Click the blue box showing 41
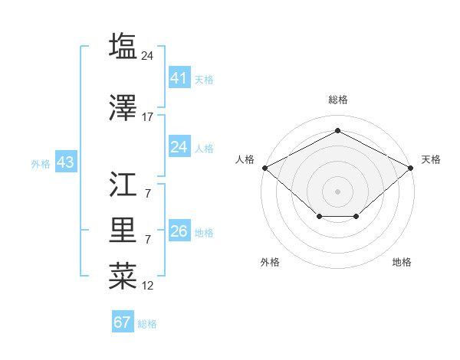[179, 77]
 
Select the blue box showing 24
[179, 146]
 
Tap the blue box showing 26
[179, 231]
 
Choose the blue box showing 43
[65, 162]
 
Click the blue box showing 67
[123, 322]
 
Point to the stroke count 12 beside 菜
[148, 286]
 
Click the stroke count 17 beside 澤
[148, 117]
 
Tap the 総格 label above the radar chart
[337, 100]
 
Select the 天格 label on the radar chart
[431, 159]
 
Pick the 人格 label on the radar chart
[245, 159]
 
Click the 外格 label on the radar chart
[270, 263]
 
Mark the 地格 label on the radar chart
[402, 263]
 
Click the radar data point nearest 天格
[411, 167]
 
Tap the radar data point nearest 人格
[264, 167]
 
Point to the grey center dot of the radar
[337, 191]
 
